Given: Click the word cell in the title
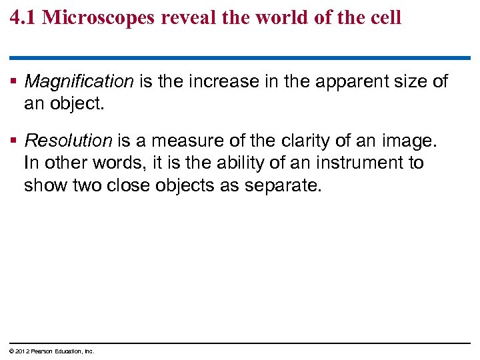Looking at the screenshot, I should click(x=386, y=17).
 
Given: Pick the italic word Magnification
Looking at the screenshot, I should click(x=79, y=82).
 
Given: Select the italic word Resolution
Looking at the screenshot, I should click(x=68, y=141).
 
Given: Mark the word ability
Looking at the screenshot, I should click(x=236, y=163).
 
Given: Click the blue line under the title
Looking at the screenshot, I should click(x=240, y=58).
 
